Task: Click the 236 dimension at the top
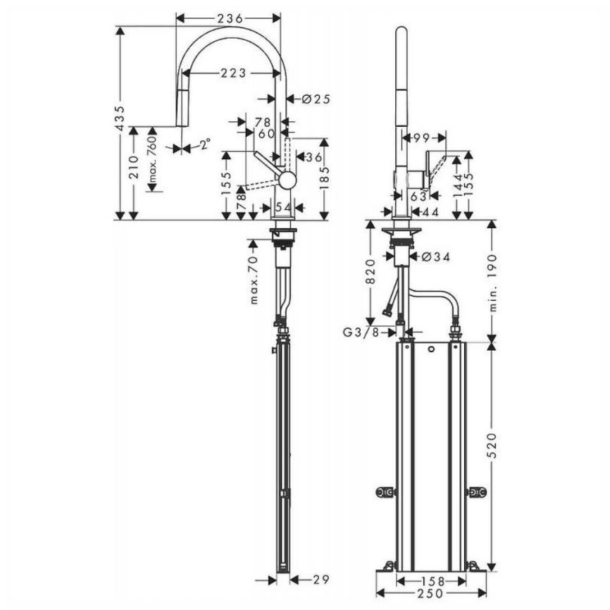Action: pos(228,17)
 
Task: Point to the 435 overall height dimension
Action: pos(120,119)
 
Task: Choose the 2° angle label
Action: pos(204,146)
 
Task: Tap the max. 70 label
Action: pos(254,280)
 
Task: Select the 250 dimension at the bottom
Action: pos(431,594)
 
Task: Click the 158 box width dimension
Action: pos(431,581)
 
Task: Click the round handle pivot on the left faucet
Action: pos(286,180)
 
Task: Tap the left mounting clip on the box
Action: pos(385,491)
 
